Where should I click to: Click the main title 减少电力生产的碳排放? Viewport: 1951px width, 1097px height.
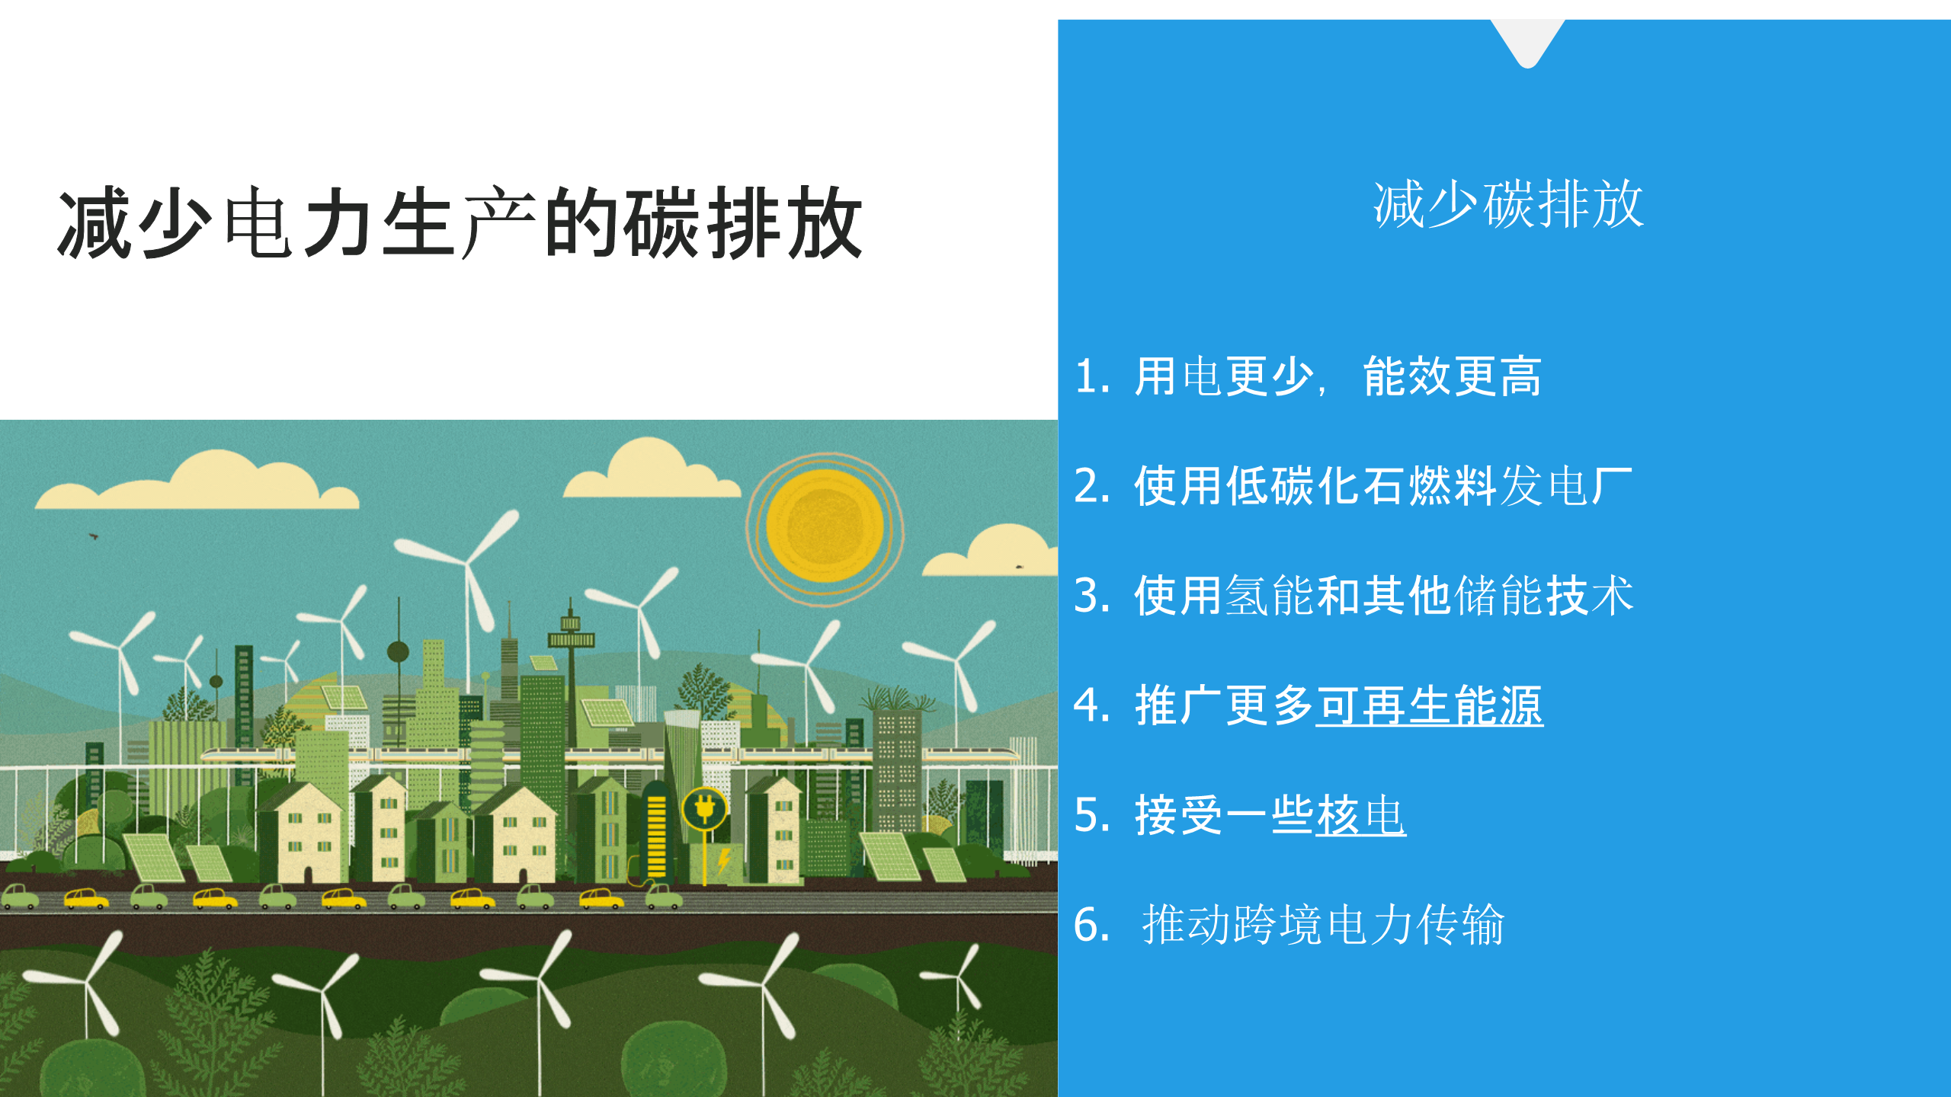tap(460, 222)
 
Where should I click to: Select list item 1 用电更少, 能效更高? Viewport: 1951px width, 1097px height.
tap(1308, 376)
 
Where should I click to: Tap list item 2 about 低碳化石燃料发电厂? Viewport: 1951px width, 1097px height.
tap(1353, 486)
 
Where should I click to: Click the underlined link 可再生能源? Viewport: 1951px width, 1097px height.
tap(1430, 705)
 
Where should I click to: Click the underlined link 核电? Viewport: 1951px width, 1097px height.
tap(1361, 815)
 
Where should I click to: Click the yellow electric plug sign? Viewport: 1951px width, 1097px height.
tap(704, 809)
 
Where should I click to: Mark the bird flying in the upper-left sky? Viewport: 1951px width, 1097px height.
tap(94, 536)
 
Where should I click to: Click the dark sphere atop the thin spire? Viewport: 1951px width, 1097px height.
tap(398, 652)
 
